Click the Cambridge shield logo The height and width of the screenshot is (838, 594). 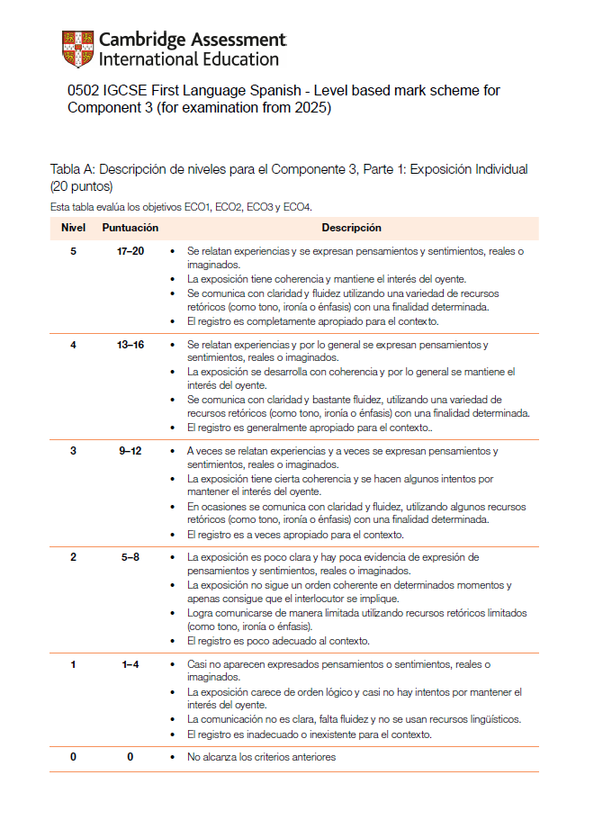click(77, 49)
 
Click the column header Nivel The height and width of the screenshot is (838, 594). click(73, 229)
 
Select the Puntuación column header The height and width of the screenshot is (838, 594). click(130, 229)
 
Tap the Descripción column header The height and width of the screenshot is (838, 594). click(351, 229)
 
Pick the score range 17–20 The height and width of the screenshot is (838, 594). click(130, 251)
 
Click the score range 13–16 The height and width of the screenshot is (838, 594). click(130, 345)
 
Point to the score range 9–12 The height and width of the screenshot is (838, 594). click(130, 451)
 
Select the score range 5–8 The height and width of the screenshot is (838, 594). click(130, 557)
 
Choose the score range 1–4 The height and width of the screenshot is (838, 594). click(130, 664)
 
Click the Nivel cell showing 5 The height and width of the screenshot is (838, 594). click(73, 251)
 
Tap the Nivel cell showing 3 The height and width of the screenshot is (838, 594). click(73, 451)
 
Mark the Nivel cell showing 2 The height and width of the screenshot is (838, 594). click(73, 557)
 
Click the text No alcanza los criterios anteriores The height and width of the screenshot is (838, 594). click(261, 757)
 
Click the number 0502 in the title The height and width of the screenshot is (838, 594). click(83, 91)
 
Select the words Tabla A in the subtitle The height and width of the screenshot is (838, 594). click(70, 169)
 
